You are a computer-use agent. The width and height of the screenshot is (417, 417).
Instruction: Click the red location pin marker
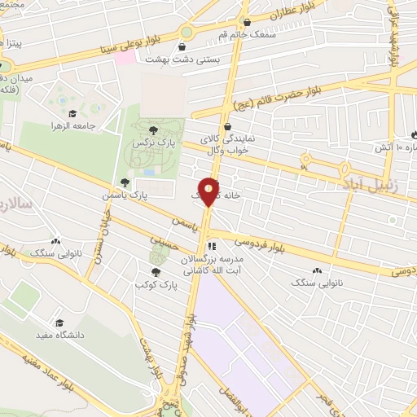pyautogui.click(x=209, y=191)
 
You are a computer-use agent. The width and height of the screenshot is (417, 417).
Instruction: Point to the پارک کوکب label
pyautogui.click(x=156, y=285)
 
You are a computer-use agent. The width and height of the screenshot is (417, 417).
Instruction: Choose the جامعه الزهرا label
pyautogui.click(x=73, y=127)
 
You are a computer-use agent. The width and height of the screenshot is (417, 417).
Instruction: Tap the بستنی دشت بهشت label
pyautogui.click(x=175, y=59)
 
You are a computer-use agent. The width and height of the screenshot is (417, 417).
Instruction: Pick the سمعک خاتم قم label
pyautogui.click(x=248, y=34)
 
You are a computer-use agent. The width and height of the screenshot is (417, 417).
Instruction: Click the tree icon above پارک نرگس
pyautogui.click(x=149, y=127)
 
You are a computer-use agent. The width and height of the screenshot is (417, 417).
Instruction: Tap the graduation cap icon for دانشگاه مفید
pyautogui.click(x=59, y=323)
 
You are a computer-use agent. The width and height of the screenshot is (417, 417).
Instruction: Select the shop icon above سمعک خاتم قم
pyautogui.click(x=248, y=22)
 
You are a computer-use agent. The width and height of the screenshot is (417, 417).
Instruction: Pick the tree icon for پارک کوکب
pyautogui.click(x=156, y=272)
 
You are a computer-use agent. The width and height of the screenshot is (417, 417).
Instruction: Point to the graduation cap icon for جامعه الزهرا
pyautogui.click(x=72, y=115)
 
